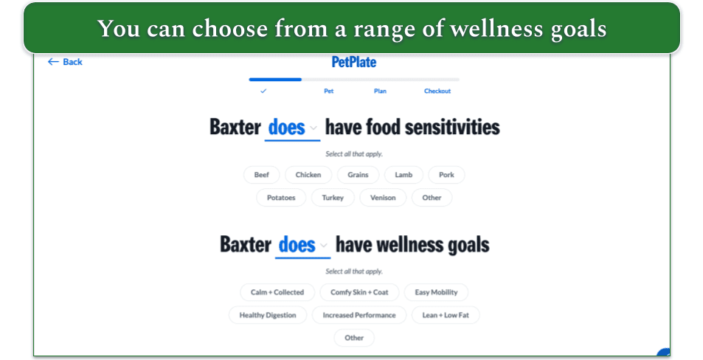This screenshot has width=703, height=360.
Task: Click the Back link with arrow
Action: coord(65,62)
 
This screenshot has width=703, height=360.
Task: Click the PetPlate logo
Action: coord(353,62)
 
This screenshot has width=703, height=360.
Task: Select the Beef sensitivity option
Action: coord(262,175)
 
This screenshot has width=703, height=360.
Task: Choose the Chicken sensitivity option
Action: coord(308,175)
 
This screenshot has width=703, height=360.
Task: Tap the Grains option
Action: coord(358,175)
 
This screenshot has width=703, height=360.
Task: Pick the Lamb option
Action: coord(404,175)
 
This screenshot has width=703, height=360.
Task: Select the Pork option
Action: coord(446,175)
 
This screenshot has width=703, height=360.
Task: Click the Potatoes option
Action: coord(281,198)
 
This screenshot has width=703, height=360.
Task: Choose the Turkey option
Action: coord(333,198)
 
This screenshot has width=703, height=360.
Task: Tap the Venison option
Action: coord(383,198)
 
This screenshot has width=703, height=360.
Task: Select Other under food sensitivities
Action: coord(432,198)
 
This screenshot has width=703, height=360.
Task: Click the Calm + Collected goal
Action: coord(277,292)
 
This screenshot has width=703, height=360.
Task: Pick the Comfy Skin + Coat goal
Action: coord(359,292)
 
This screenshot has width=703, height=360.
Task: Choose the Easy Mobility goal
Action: coord(436,292)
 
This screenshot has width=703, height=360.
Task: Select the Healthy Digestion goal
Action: coord(268,315)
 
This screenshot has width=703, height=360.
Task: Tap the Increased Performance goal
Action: coord(359,315)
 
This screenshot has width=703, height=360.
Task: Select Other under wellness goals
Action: coord(354,338)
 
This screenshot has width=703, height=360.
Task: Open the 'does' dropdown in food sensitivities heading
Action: coord(292,128)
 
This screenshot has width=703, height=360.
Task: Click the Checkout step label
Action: coord(437,91)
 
